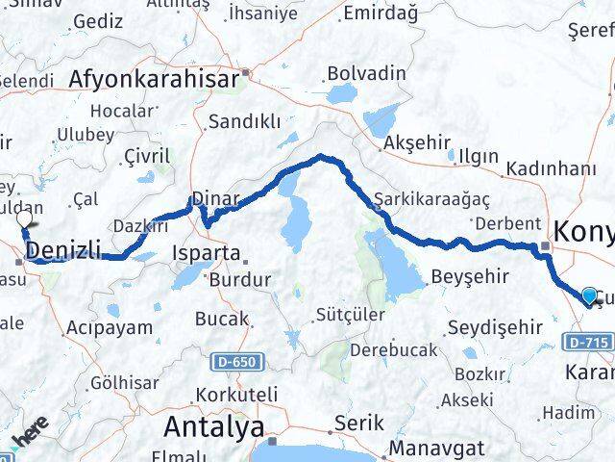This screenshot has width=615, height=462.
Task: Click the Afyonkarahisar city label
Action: (x=153, y=80)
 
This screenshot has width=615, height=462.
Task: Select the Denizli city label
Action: (x=64, y=252)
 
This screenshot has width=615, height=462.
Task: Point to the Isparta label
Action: (x=203, y=253)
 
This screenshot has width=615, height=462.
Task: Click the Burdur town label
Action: (x=235, y=286)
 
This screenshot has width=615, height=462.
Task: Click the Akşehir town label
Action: (x=416, y=142)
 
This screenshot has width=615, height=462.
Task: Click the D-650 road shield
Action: (x=234, y=361)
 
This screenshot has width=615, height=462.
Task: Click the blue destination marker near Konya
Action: (x=588, y=295)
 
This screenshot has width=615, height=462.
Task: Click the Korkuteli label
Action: (x=235, y=395)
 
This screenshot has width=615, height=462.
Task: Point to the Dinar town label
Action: (x=215, y=198)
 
